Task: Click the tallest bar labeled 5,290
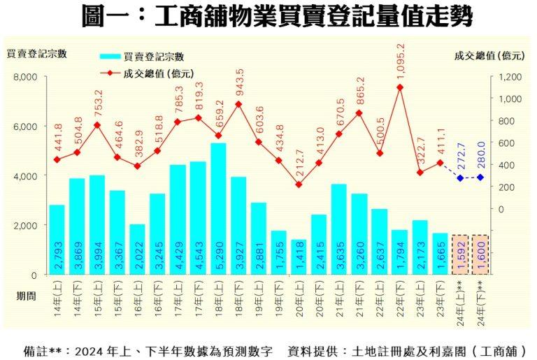[218, 209]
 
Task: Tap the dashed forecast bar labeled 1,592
[460, 255]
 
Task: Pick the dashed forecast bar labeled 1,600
[480, 255]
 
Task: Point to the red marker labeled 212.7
[299, 185]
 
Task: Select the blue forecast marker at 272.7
[460, 178]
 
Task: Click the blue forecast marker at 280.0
[480, 178]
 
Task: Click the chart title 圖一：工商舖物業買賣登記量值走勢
[268, 15]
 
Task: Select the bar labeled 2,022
[138, 250]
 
